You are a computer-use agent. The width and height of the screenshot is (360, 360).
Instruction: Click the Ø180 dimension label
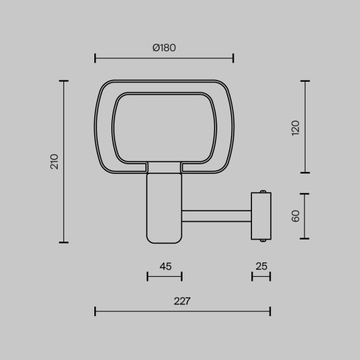(164, 48)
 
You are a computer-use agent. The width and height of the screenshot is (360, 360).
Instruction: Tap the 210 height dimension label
(54, 161)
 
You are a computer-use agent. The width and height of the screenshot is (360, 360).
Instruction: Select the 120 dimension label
(295, 126)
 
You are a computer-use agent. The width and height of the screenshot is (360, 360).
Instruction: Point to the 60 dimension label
(295, 216)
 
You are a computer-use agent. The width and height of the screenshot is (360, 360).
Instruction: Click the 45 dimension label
(165, 266)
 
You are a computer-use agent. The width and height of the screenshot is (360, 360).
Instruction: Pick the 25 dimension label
(262, 266)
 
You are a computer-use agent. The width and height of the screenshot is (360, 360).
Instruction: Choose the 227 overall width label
(182, 301)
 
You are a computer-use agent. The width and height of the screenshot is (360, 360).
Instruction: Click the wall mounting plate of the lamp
(261, 216)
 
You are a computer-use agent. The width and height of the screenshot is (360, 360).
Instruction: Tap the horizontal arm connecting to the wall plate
(216, 216)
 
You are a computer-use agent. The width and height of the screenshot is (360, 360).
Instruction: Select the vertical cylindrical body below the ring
(164, 206)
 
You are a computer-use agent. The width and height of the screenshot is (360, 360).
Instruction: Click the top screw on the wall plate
(262, 192)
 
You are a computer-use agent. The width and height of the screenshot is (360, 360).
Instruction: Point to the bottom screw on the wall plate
(262, 240)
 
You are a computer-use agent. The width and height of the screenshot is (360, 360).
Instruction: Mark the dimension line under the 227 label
(182, 311)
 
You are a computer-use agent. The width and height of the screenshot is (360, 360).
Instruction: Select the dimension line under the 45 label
(164, 276)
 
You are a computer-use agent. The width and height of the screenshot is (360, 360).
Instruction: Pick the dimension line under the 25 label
(261, 276)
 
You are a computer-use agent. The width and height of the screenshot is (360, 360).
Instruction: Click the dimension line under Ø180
(164, 59)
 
